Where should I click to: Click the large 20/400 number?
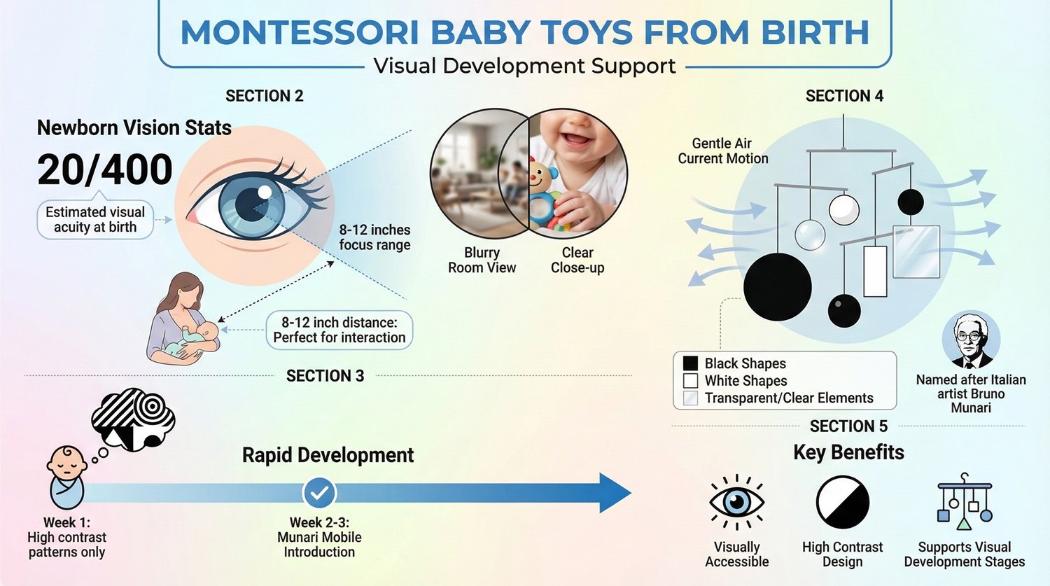(105, 169)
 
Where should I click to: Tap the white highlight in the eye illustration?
(265, 192)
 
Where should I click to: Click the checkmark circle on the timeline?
(319, 493)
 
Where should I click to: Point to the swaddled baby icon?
(66, 476)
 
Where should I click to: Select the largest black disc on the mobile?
(777, 287)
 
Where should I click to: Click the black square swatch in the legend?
(690, 363)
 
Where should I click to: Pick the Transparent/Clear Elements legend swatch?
(690, 398)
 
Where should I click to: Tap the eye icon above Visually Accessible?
(736, 502)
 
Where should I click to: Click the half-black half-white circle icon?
(843, 502)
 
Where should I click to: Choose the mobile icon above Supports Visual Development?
(964, 502)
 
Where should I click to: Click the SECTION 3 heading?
(325, 376)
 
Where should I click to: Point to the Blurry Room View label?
(482, 260)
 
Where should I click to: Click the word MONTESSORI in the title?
(300, 33)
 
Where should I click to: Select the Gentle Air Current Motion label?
(722, 151)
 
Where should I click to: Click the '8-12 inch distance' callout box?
(339, 330)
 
